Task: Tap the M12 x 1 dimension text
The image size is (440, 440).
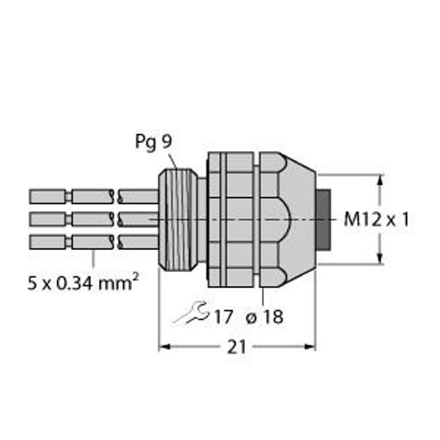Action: coord(376,219)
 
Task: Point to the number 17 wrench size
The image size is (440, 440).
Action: coord(223,317)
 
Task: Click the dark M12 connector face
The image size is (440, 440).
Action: coord(323,219)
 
